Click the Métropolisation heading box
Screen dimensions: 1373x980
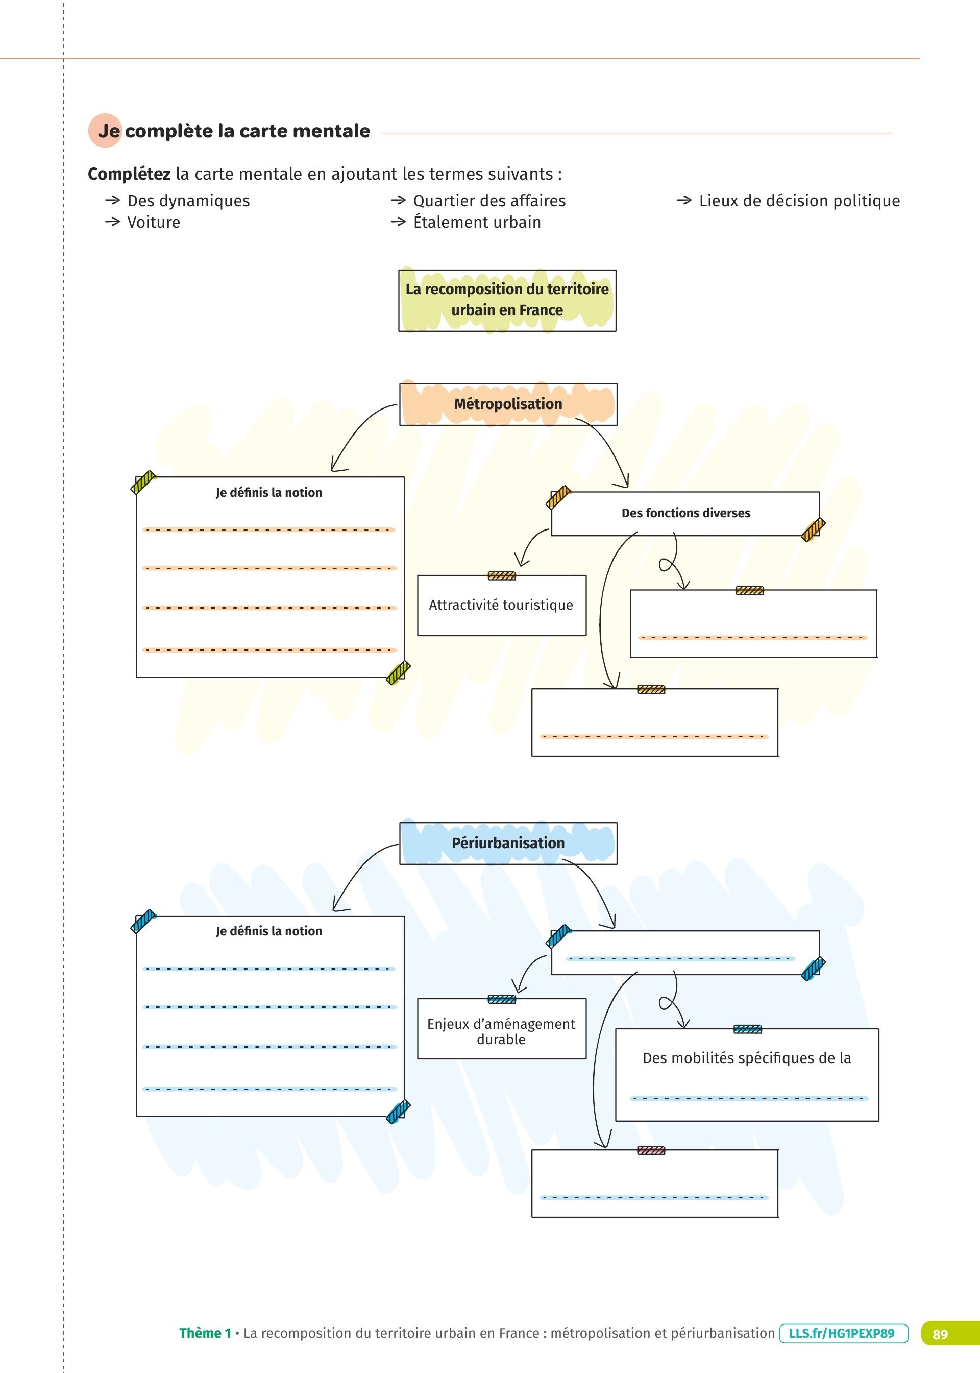[507, 404]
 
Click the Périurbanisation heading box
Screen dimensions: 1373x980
[507, 843]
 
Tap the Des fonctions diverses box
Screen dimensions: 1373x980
[685, 513]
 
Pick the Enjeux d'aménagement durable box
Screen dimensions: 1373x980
[501, 1031]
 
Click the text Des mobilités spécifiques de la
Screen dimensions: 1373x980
[746, 1058]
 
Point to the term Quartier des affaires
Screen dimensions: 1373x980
[489, 201]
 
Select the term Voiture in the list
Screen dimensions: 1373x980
[153, 223]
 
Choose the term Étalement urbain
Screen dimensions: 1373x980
[477, 223]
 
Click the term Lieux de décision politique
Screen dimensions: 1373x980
[799, 201]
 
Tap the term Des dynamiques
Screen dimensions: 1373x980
[188, 201]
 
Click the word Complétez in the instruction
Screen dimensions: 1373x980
[129, 175]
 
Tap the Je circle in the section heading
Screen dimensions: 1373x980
[106, 130]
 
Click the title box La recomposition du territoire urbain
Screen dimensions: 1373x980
[507, 300]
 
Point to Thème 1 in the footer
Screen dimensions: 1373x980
[205, 1333]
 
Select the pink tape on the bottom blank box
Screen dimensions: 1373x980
[651, 1150]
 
